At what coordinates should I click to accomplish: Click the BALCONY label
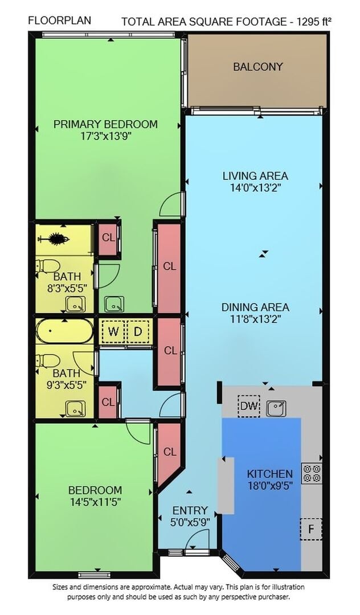pos(257,67)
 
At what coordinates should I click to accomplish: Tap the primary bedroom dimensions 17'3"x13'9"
pos(105,137)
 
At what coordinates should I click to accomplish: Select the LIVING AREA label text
pos(255,176)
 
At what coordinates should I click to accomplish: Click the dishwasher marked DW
pos(249,406)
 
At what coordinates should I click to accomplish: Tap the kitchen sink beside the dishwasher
pos(276,408)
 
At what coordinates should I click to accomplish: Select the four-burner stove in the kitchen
pos(312,473)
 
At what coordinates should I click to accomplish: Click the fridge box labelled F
pos(311,529)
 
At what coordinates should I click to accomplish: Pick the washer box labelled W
pos(113,332)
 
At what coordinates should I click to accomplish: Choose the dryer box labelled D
pos(138,332)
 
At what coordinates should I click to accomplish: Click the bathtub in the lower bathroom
pos(65,331)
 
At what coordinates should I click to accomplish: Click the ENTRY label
pos(190,511)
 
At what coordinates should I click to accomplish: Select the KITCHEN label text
pos(270,474)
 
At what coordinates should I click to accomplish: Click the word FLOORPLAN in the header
pos(60,20)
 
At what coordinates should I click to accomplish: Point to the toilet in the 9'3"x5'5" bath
pos(47,360)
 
